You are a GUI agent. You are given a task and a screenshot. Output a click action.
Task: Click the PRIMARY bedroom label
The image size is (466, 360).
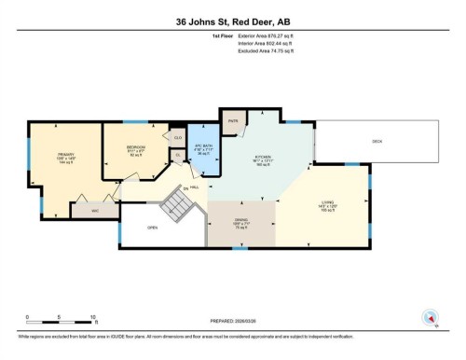pyautogui.click(x=65, y=154)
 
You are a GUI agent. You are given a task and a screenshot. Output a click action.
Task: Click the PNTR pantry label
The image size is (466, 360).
pyautogui.click(x=232, y=120)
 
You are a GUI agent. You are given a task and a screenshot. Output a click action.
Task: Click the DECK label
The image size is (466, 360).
pyautogui.click(x=377, y=141)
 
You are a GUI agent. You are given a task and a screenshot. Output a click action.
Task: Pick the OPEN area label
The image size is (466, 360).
pyautogui.click(x=151, y=227)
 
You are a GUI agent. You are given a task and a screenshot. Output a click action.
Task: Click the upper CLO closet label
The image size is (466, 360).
pyautogui.click(x=178, y=137)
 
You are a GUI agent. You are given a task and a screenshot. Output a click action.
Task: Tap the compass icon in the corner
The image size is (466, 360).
pyautogui.click(x=431, y=318)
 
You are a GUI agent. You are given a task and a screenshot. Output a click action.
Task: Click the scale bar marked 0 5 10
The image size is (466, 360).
pyautogui.click(x=61, y=319)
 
